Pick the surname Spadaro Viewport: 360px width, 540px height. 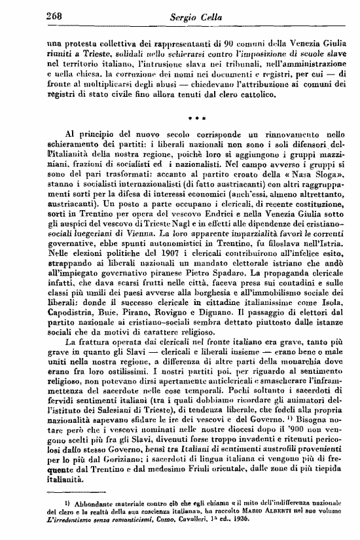click(x=228, y=268)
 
